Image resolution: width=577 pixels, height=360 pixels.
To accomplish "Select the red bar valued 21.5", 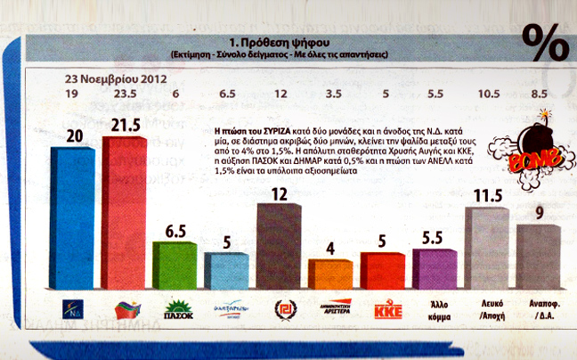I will tap(130, 214).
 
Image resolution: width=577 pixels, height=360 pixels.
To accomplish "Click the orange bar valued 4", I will tap(330, 274).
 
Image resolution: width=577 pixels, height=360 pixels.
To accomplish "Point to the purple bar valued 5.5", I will tap(435, 268).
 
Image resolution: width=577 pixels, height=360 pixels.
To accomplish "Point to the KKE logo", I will tap(383, 310).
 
